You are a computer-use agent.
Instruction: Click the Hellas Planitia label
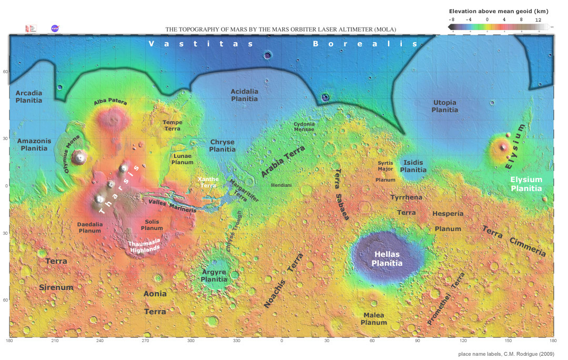click(x=387, y=258)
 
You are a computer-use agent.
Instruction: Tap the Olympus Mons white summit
click(x=80, y=156)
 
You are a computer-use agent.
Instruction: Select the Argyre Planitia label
click(x=214, y=276)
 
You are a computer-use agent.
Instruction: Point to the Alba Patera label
click(x=110, y=103)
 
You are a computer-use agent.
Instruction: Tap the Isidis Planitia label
click(x=413, y=166)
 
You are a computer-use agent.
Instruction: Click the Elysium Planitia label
click(x=526, y=184)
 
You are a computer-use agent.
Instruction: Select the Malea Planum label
click(x=374, y=318)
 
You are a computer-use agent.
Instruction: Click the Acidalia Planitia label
click(x=245, y=95)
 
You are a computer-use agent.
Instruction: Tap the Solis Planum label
click(x=151, y=225)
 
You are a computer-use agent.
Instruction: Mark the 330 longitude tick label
click(x=237, y=341)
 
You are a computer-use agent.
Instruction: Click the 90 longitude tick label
click(x=418, y=341)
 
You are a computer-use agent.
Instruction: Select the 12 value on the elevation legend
click(x=538, y=19)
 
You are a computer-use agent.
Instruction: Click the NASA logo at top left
click(x=55, y=28)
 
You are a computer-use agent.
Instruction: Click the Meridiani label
click(x=281, y=185)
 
